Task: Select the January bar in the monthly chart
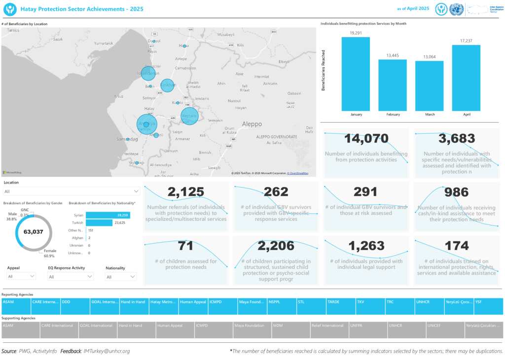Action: pos(356,74)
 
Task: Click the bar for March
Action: pos(429,86)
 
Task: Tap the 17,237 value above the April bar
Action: pos(466,41)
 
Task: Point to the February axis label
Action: pos(393,114)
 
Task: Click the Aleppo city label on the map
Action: pos(252,124)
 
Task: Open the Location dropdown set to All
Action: pos(72,191)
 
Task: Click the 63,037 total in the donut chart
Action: pos(35,231)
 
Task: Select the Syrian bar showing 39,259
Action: pos(108,215)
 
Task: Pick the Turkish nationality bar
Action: pos(99,223)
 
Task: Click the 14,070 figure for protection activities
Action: pos(366,139)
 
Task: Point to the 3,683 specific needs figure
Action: pos(457,139)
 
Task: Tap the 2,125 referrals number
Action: pos(185,192)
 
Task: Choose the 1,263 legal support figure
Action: pos(366,246)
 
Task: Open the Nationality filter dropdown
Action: pos(121,277)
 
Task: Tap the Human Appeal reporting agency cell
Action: pos(193,302)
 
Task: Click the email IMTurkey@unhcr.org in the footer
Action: pos(107,351)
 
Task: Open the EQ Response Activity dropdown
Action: pos(70,277)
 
